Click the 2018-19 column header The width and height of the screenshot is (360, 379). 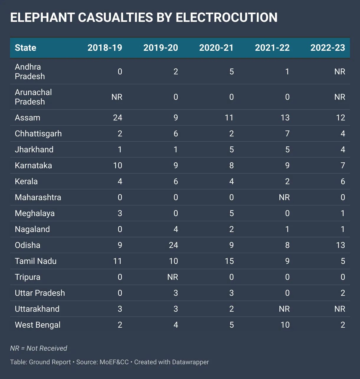tap(105, 48)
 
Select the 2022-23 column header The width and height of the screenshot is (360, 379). tap(328, 48)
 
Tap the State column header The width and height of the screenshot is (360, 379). tap(26, 48)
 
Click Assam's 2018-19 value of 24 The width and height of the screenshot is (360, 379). tap(117, 118)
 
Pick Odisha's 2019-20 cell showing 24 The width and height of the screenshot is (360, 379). tap(173, 245)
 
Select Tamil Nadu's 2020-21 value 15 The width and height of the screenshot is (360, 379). tap(229, 261)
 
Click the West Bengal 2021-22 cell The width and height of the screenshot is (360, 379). tap(285, 325)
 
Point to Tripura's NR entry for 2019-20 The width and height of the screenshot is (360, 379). tap(173, 277)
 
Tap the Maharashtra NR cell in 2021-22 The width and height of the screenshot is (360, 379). tap(284, 197)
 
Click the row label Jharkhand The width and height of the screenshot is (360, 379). tap(34, 150)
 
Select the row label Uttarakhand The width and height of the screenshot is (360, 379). tap(37, 309)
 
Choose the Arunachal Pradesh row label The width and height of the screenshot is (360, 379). tap(33, 97)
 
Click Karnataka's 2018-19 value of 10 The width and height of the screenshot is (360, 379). tap(117, 166)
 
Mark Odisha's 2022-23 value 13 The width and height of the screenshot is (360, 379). tap(340, 245)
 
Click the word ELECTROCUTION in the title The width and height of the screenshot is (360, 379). tap(227, 18)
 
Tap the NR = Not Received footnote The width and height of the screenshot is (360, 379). tap(39, 348)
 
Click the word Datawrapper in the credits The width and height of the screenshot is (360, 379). tap(190, 362)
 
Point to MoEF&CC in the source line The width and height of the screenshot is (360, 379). tap(114, 362)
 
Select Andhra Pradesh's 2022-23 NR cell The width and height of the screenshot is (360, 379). tap(340, 72)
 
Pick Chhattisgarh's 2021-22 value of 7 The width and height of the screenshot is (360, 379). tap(287, 134)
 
